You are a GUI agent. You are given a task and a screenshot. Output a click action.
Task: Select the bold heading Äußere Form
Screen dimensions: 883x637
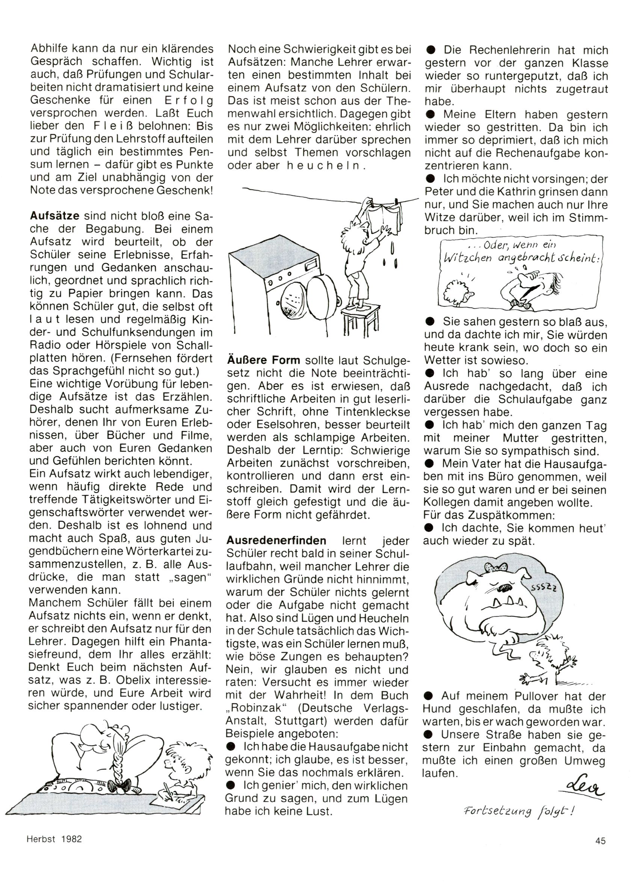pyautogui.click(x=263, y=361)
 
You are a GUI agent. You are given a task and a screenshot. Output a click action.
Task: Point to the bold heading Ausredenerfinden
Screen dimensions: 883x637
pyautogui.click(x=276, y=541)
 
